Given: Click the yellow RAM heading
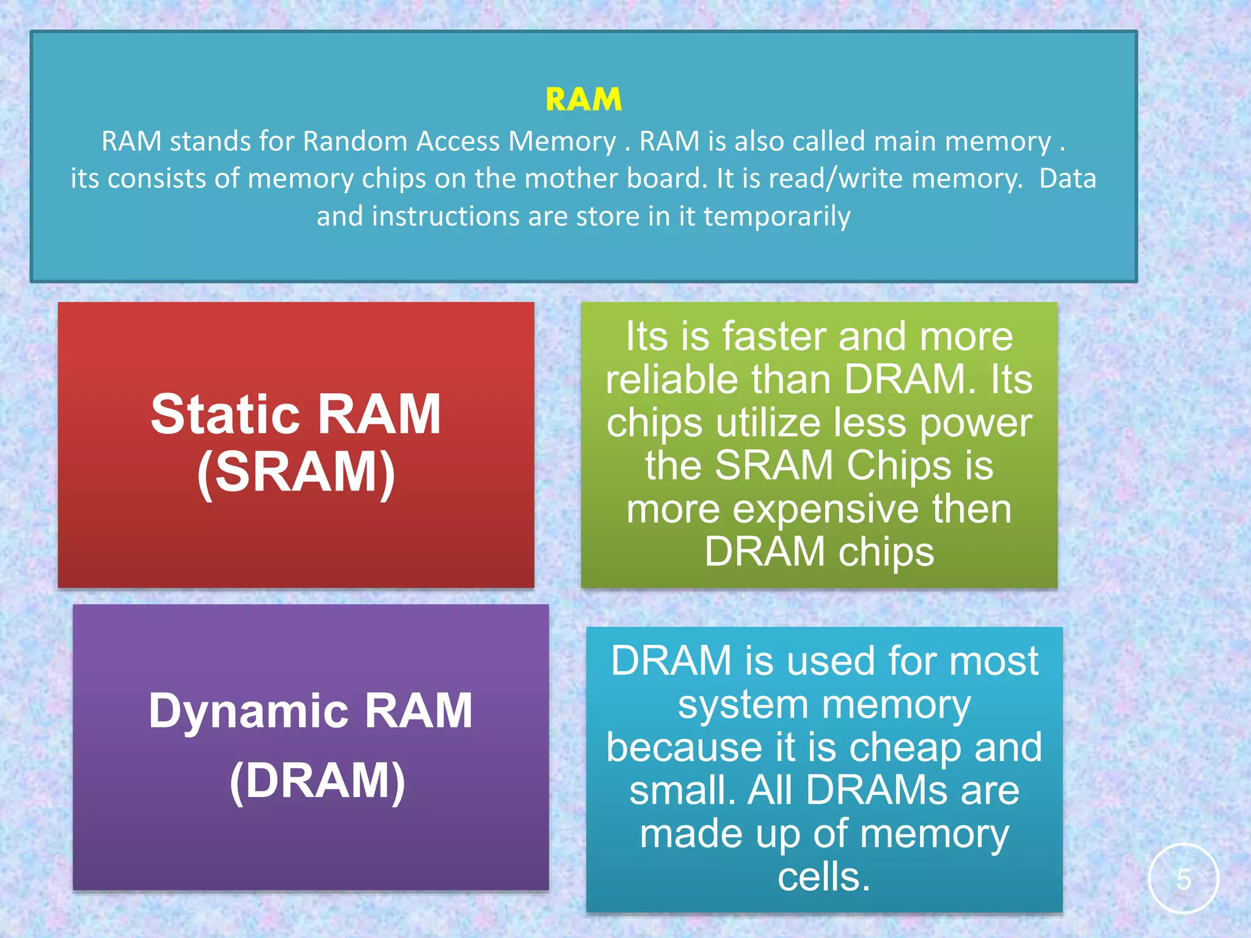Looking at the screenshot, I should pyautogui.click(x=583, y=100).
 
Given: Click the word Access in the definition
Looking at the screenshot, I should pyautogui.click(x=458, y=141).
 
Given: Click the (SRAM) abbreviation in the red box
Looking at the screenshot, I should pyautogui.click(x=296, y=471).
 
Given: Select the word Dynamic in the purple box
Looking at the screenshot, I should pyautogui.click(x=247, y=711).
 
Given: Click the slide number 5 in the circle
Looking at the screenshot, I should pyautogui.click(x=1183, y=879).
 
